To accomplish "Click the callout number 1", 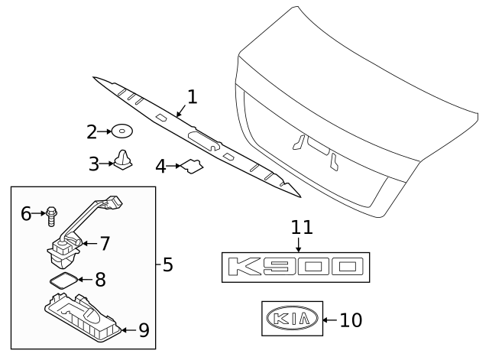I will (x=193, y=97).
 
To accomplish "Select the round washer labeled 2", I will (x=121, y=132).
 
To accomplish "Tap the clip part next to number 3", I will (x=121, y=161).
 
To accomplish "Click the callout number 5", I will (x=167, y=265).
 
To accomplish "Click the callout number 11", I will (x=302, y=227).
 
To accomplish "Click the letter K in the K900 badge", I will (x=247, y=267).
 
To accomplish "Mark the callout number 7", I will (x=105, y=244).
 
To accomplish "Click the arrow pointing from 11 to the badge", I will (x=298, y=245).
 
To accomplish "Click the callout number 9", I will (x=143, y=330).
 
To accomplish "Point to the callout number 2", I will (x=92, y=132).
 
